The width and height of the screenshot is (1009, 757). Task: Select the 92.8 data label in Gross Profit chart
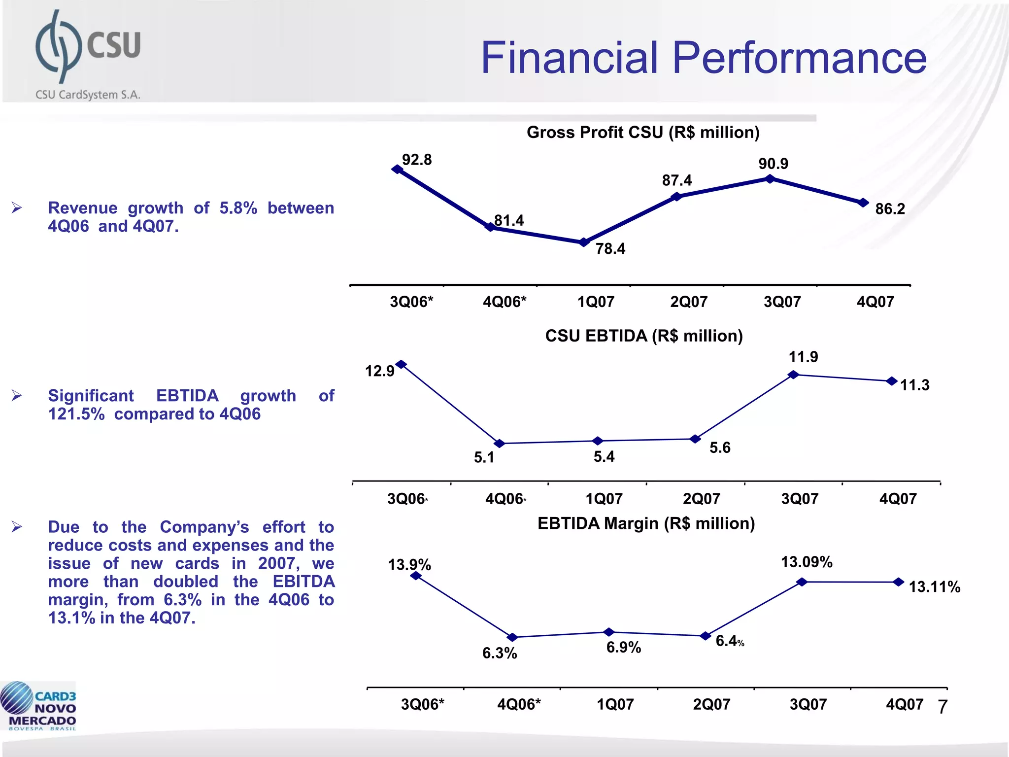coord(417,160)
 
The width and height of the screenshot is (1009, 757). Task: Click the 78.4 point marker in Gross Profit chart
coord(584,242)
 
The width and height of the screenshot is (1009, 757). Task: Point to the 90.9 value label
coord(773,164)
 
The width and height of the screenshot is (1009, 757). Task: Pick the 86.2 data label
coord(890,209)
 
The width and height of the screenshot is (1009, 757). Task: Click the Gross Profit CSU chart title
coord(643,132)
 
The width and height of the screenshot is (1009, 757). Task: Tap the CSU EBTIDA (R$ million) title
coord(643,336)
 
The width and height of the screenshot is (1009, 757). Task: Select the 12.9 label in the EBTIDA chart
coord(379,371)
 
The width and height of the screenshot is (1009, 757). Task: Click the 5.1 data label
coord(484,457)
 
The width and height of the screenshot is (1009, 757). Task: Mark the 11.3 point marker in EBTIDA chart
coord(892,381)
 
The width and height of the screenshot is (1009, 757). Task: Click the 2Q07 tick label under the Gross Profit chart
coord(688,302)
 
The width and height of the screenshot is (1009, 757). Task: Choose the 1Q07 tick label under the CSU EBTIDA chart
coord(604,499)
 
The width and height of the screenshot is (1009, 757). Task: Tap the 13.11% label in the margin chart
coord(934,587)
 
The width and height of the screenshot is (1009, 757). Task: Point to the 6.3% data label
coord(499,654)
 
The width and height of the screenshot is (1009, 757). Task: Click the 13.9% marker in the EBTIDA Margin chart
coord(416,575)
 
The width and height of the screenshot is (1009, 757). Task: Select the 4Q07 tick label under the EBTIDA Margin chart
coord(904,704)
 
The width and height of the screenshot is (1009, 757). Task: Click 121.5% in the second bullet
coord(76,414)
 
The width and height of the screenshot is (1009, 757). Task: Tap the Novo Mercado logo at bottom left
coord(38,706)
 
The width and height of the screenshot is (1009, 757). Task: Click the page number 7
coord(942,707)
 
